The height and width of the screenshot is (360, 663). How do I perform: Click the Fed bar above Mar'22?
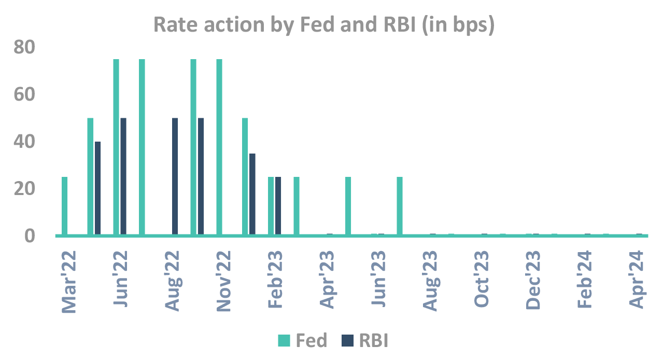(x=64, y=206)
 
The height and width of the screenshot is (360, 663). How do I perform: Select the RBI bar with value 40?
(x=97, y=188)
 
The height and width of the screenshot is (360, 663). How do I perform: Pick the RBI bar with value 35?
(x=252, y=194)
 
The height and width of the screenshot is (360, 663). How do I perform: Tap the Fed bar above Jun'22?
(x=116, y=147)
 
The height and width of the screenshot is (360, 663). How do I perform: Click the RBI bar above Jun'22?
(x=123, y=176)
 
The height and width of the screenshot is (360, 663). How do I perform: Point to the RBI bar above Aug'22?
(x=175, y=176)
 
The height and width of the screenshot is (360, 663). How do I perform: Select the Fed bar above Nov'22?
(x=219, y=147)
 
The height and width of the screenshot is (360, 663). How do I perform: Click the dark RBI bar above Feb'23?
(x=278, y=206)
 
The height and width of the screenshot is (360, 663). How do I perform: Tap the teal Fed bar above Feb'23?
(x=271, y=206)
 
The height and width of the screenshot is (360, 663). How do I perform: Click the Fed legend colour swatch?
(x=284, y=341)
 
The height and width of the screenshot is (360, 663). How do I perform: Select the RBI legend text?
(x=373, y=341)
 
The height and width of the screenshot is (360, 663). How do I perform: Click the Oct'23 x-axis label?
(x=482, y=280)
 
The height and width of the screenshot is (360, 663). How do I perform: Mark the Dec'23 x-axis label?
(x=534, y=280)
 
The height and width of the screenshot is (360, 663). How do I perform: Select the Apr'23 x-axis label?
(x=328, y=280)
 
